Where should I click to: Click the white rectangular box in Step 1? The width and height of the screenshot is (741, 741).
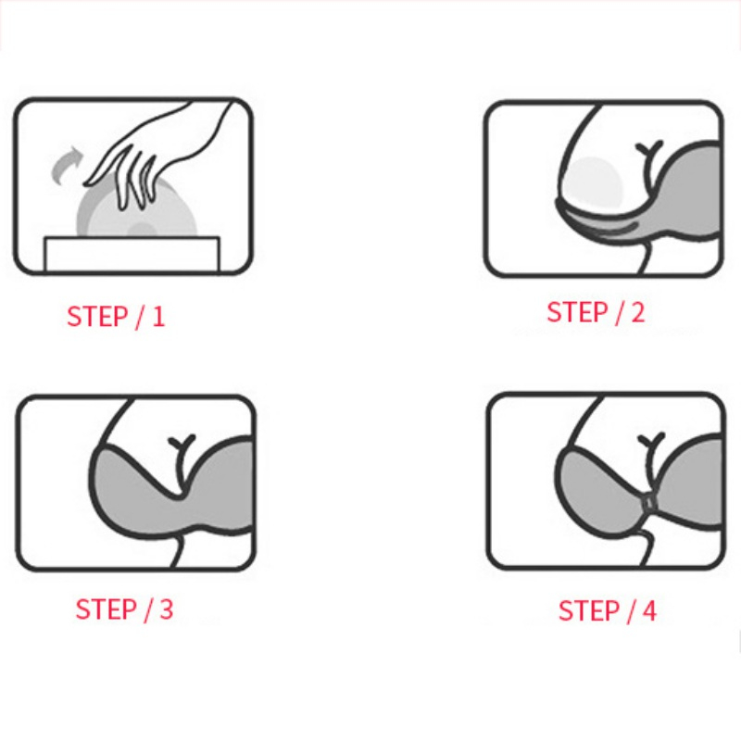(x=132, y=255)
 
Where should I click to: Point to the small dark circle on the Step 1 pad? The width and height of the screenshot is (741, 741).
(x=141, y=229)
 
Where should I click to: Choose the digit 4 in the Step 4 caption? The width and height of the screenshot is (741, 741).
(x=648, y=611)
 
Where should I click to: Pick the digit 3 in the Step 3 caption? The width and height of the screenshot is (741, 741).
(x=166, y=609)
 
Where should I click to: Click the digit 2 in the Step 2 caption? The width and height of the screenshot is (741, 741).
(x=637, y=313)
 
